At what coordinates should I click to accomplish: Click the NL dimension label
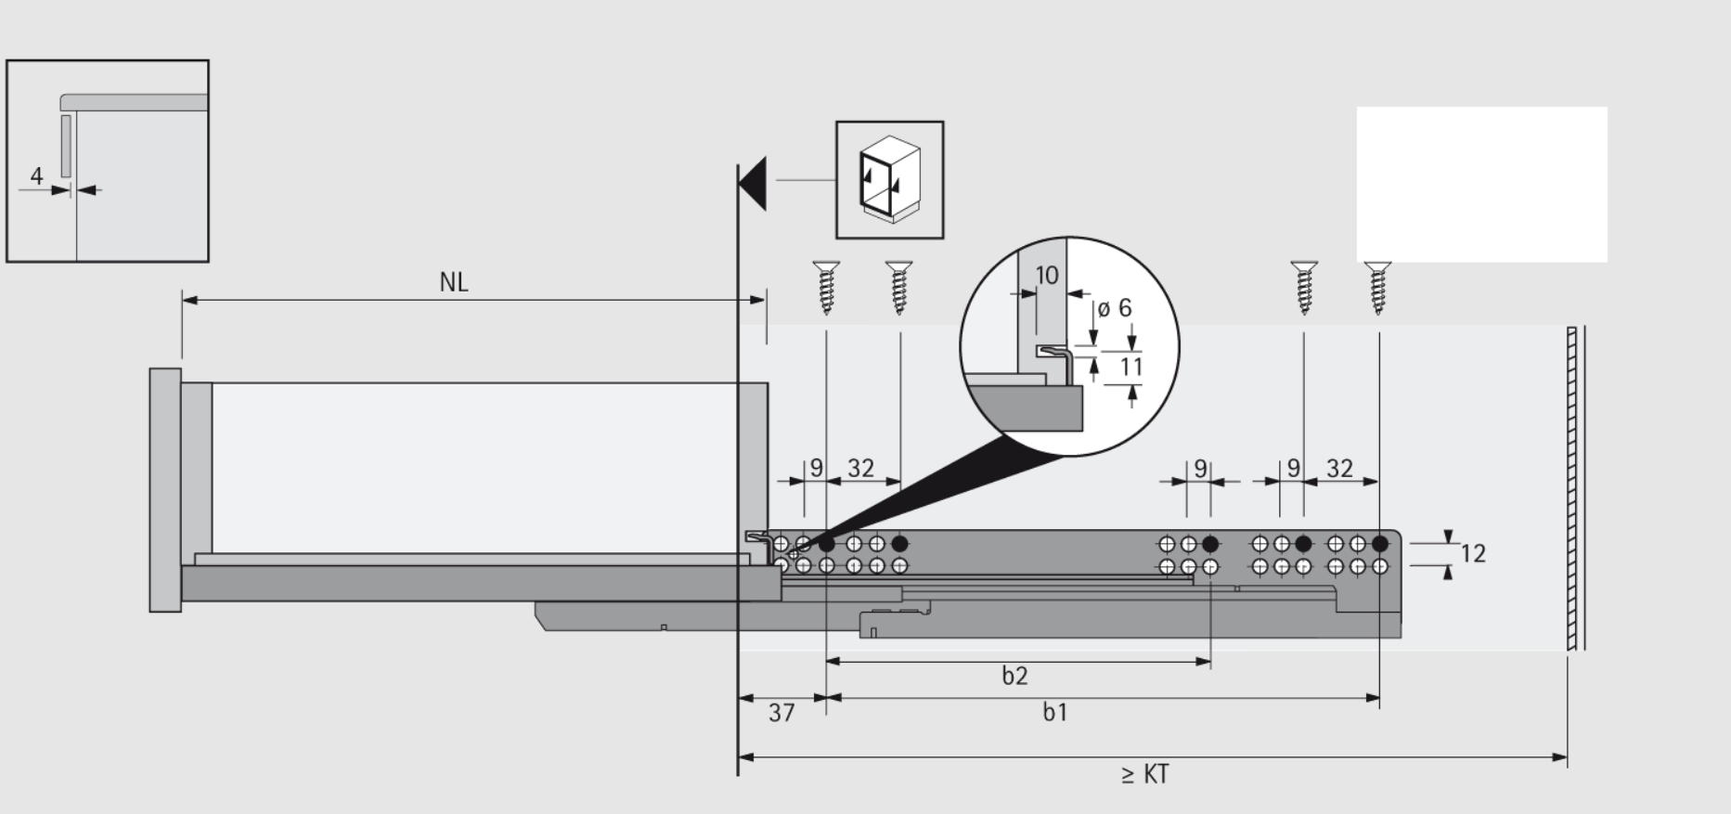453,282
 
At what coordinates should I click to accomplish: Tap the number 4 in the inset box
36,175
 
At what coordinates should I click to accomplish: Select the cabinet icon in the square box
889,180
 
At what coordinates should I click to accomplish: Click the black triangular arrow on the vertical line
754,183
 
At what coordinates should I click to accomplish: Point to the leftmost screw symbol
825,287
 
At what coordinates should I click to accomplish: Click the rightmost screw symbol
1378,287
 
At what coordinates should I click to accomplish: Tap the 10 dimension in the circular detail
1046,275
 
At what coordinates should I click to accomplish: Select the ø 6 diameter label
1115,308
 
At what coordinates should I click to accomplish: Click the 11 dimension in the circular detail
1130,368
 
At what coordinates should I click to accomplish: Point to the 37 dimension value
782,713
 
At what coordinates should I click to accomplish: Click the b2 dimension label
1014,676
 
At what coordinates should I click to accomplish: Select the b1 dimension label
1055,713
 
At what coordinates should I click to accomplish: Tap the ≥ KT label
1144,774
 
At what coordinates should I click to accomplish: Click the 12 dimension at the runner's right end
1473,554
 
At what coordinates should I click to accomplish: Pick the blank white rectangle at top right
1481,184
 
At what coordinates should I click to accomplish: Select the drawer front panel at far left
164,489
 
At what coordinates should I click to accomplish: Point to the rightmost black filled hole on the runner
1380,544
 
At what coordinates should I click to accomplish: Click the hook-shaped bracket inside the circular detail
1058,357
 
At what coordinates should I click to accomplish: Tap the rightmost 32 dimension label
1339,469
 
